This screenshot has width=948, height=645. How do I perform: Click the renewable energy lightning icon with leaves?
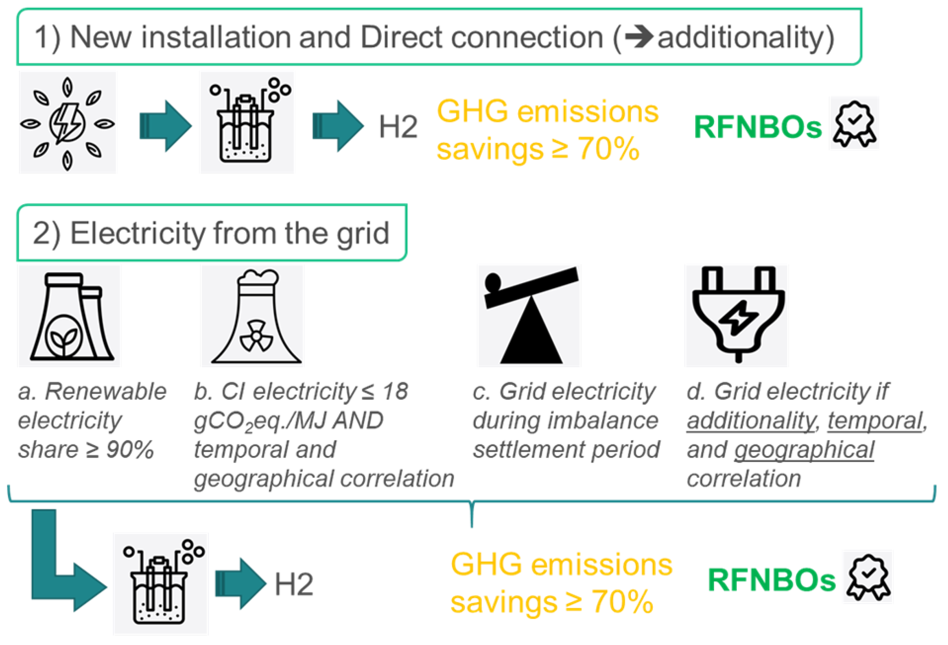[x=67, y=123]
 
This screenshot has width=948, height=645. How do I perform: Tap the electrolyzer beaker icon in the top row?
[x=247, y=123]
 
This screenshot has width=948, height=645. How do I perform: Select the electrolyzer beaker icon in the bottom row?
[x=161, y=584]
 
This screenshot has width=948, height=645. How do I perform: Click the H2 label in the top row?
[x=398, y=127]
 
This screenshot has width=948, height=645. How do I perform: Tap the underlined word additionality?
[x=751, y=420]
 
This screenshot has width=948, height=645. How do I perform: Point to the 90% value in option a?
[x=130, y=450]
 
